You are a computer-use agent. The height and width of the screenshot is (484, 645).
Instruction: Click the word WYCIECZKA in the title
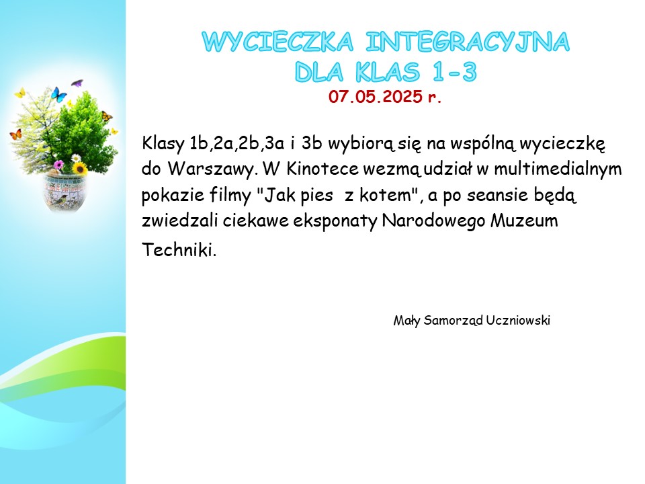coord(277,42)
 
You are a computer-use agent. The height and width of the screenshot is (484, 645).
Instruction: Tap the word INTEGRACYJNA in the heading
coord(468,42)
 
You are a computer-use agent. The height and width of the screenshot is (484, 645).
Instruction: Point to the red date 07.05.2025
coord(376,96)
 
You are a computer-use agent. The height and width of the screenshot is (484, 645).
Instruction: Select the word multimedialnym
coord(558,168)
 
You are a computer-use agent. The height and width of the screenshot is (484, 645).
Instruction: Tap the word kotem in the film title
coord(385,195)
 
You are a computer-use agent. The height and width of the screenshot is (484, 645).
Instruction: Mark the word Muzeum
coord(524,220)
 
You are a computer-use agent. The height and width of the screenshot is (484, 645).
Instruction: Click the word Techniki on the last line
coord(179,249)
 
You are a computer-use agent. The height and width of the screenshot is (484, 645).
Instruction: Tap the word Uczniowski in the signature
coord(518,320)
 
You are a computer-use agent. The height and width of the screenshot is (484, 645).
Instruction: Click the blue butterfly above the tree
coord(58,94)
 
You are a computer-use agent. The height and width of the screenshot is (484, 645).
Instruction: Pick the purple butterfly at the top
coord(77,83)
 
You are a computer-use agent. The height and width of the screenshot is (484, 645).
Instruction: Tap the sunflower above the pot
coord(79,168)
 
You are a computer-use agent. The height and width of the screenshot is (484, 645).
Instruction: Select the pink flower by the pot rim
coord(59,165)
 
